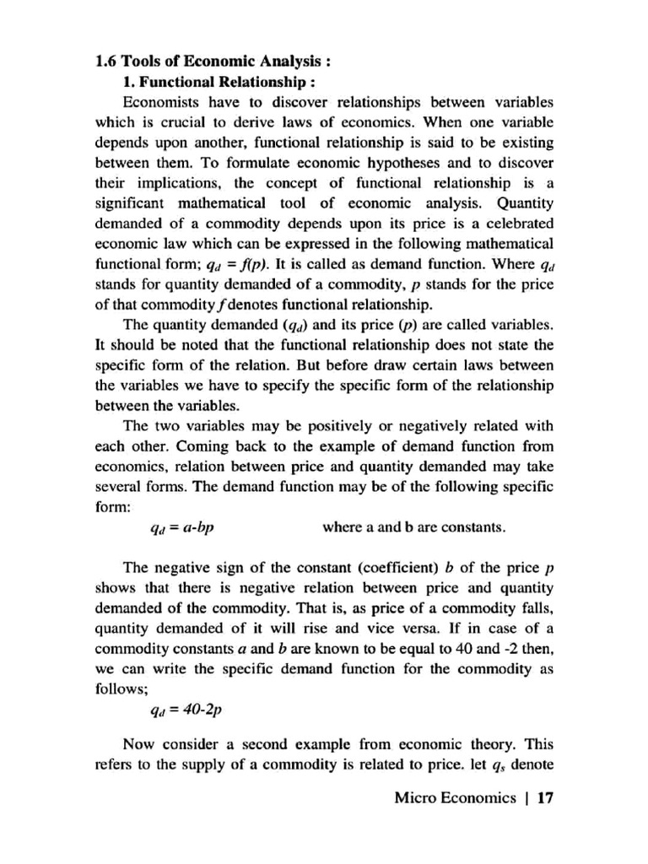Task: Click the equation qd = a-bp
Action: pyautogui.click(x=181, y=528)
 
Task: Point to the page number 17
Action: pyautogui.click(x=542, y=797)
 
